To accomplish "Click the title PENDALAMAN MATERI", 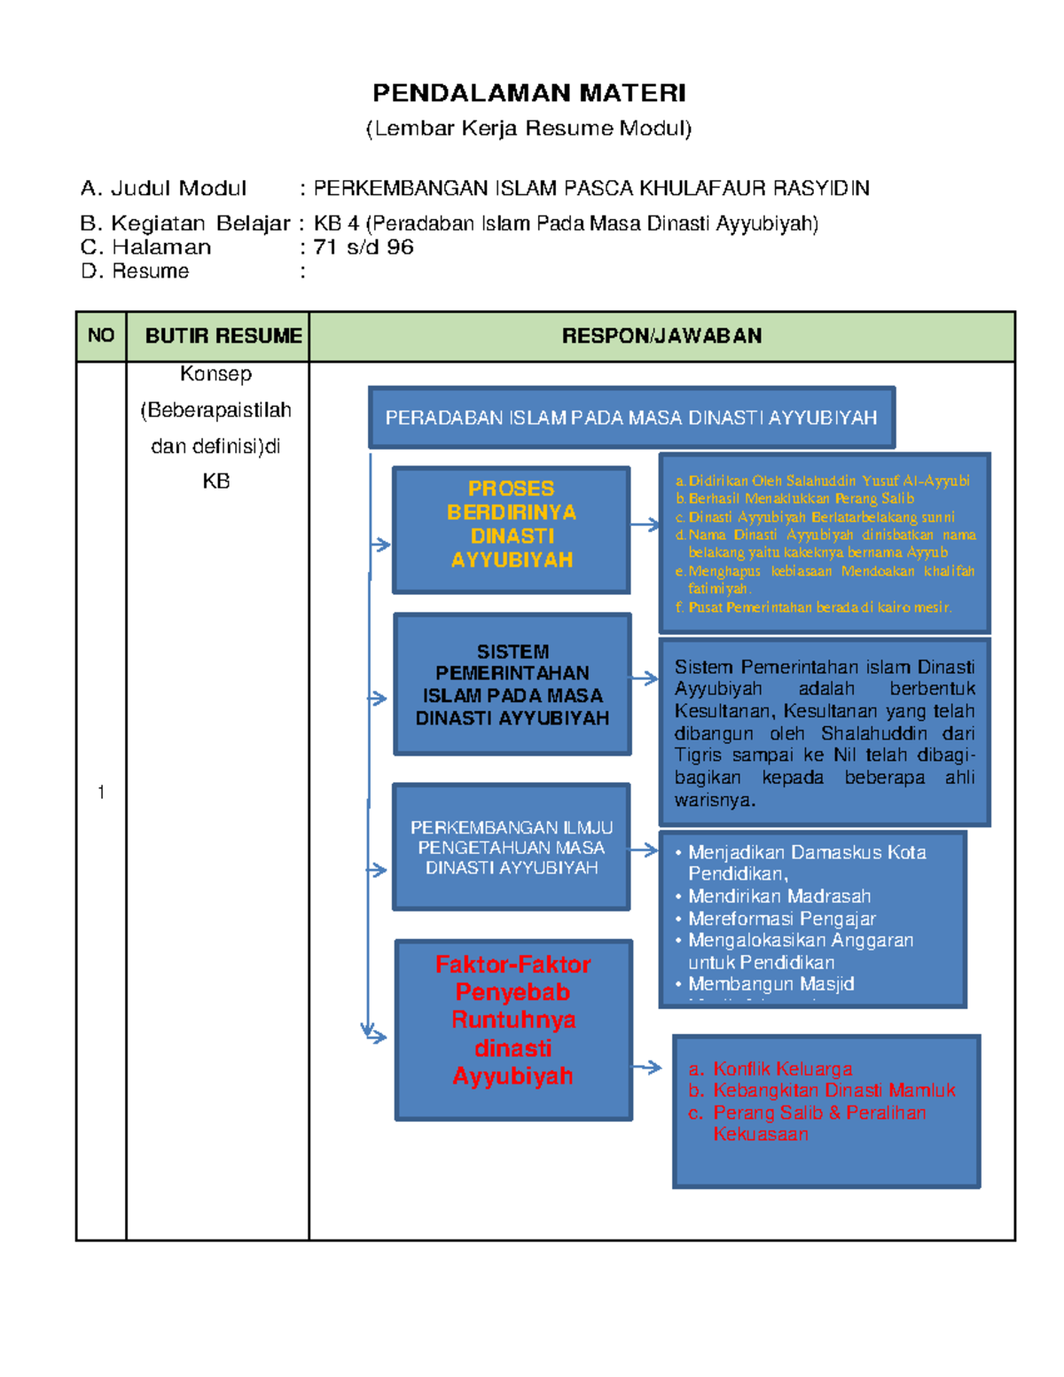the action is click(x=529, y=93).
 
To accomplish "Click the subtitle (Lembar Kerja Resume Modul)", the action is click(x=529, y=129).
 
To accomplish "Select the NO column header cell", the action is click(x=101, y=336).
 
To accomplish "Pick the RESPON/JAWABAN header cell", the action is click(x=661, y=336).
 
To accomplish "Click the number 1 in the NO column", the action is click(x=101, y=793).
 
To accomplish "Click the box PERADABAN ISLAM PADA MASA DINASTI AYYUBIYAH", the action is click(x=631, y=418).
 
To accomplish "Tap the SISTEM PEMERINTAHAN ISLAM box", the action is click(x=512, y=685).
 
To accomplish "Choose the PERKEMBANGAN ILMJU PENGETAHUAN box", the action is click(x=512, y=848).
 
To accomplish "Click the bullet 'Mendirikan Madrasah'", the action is click(x=779, y=896).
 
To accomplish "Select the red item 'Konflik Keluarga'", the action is click(x=782, y=1069).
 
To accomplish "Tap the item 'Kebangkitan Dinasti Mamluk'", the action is click(x=833, y=1091).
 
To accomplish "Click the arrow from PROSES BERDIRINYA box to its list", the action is click(x=645, y=525).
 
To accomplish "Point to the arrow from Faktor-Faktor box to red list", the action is click(x=647, y=1068).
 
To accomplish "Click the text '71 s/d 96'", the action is click(x=364, y=247).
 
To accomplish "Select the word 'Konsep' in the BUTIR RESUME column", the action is click(x=216, y=374).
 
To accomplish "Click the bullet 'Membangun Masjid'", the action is click(x=771, y=984).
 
